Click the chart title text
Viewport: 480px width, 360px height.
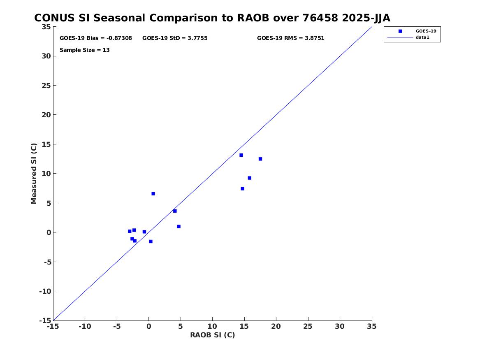pyautogui.click(x=212, y=18)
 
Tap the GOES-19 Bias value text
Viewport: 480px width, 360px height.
pyautogui.click(x=96, y=38)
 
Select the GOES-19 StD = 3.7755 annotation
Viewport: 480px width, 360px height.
pyautogui.click(x=175, y=38)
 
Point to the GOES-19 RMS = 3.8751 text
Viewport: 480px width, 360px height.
pyautogui.click(x=290, y=38)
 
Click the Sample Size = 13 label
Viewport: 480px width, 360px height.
pyautogui.click(x=84, y=50)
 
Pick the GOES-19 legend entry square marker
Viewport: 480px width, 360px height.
pyautogui.click(x=400, y=31)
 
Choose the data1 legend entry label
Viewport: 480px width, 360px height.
pyautogui.click(x=422, y=37)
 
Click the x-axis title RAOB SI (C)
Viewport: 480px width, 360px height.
pyautogui.click(x=213, y=335)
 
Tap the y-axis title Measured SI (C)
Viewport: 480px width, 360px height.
pyautogui.click(x=34, y=174)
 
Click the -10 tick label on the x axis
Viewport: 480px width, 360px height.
pyautogui.click(x=85, y=326)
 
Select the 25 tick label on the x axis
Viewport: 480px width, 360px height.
pyautogui.click(x=308, y=326)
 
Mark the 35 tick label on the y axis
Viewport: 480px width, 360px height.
pyautogui.click(x=46, y=27)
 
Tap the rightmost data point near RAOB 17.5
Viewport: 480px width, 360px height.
pyautogui.click(x=260, y=159)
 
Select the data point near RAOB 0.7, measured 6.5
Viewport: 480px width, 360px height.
pyautogui.click(x=153, y=194)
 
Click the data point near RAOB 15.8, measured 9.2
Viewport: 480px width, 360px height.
pyautogui.click(x=250, y=178)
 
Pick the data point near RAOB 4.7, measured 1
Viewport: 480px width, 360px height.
pyautogui.click(x=179, y=227)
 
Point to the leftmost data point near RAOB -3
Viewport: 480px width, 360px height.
pyautogui.click(x=130, y=231)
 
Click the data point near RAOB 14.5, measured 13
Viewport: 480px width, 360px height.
pyautogui.click(x=241, y=155)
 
